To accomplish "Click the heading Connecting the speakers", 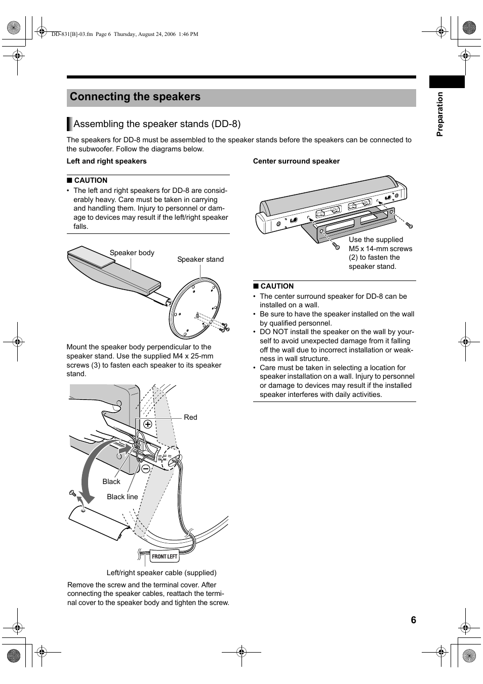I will pyautogui.click(x=135, y=97).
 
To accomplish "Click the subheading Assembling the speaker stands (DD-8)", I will pyautogui.click(x=157, y=124).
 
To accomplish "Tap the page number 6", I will pyautogui.click(x=413, y=620).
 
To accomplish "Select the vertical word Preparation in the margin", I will pyautogui.click(x=440, y=114).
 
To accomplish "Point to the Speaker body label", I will pyautogui.click(x=132, y=253).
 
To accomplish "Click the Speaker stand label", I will pyautogui.click(x=200, y=260).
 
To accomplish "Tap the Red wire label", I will pyautogui.click(x=190, y=418).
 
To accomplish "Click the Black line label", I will pyautogui.click(x=122, y=497).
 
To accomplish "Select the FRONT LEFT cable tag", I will pyautogui.click(x=165, y=556).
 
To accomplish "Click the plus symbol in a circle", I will pyautogui.click(x=148, y=424).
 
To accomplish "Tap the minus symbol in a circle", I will pyautogui.click(x=146, y=469).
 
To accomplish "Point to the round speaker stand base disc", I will pyautogui.click(x=195, y=309).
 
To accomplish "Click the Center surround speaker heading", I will pyautogui.click(x=296, y=162).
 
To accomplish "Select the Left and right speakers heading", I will pyautogui.click(x=106, y=162).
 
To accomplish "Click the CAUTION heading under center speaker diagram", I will pyautogui.click(x=276, y=287).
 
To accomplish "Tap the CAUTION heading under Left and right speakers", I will pyautogui.click(x=90, y=181).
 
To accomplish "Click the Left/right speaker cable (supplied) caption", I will pyautogui.click(x=162, y=573).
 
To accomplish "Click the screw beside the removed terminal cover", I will pyautogui.click(x=72, y=493).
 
